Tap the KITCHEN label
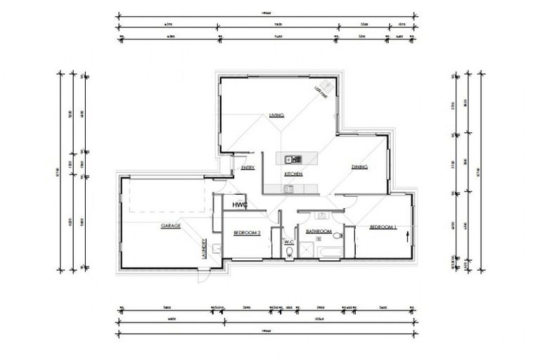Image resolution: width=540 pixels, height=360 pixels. pos(293,173)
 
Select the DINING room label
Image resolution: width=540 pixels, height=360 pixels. pos(360,167)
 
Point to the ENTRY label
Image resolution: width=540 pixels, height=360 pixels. pos(247,168)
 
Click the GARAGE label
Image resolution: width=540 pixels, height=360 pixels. pos(171,226)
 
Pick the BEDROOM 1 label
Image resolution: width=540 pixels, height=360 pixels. pos(383,226)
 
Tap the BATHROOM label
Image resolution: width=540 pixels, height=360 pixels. pos(318,231)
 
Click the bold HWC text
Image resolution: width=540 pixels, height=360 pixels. pos(241,205)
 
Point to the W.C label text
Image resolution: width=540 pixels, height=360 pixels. pos(289,243)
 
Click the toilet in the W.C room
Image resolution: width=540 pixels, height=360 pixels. pos(289,255)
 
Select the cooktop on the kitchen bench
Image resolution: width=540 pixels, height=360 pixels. pos(288,188)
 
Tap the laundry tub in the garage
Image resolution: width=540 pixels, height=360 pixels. pos(217,247)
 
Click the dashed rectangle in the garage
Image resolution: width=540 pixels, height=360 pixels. pos(167,194)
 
